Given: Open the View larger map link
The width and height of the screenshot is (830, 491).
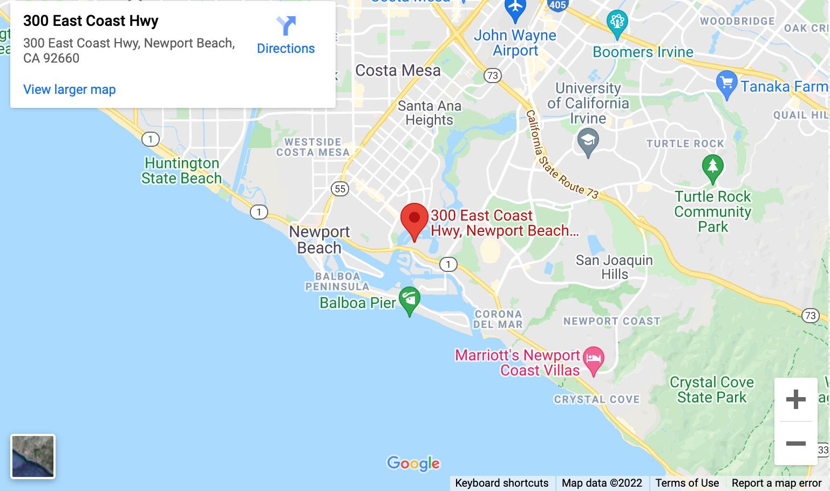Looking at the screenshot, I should [69, 90].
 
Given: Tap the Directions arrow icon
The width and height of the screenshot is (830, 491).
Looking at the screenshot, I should [286, 26].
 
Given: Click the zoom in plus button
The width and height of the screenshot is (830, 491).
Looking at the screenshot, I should [795, 399].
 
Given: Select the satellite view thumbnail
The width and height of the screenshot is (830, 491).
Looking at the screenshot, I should [33, 456].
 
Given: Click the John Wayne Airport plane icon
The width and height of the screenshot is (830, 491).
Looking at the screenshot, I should [515, 9].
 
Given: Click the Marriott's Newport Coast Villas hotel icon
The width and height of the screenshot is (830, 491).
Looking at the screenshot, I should [594, 359].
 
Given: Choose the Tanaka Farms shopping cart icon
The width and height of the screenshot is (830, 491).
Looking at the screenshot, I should [726, 84].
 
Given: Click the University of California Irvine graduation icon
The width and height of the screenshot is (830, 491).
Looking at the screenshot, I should [588, 141].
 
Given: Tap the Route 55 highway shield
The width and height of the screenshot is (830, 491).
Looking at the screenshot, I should [340, 189].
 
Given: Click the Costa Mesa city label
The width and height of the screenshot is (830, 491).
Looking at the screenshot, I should [398, 71].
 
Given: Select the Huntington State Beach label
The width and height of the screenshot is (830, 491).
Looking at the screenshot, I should [181, 171].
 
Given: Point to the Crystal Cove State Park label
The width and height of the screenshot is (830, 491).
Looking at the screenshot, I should [712, 390].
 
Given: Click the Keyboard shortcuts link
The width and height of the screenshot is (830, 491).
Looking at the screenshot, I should [501, 483].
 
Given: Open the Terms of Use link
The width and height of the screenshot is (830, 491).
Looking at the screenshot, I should [687, 483].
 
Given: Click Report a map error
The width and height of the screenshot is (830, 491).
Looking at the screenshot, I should [777, 483].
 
